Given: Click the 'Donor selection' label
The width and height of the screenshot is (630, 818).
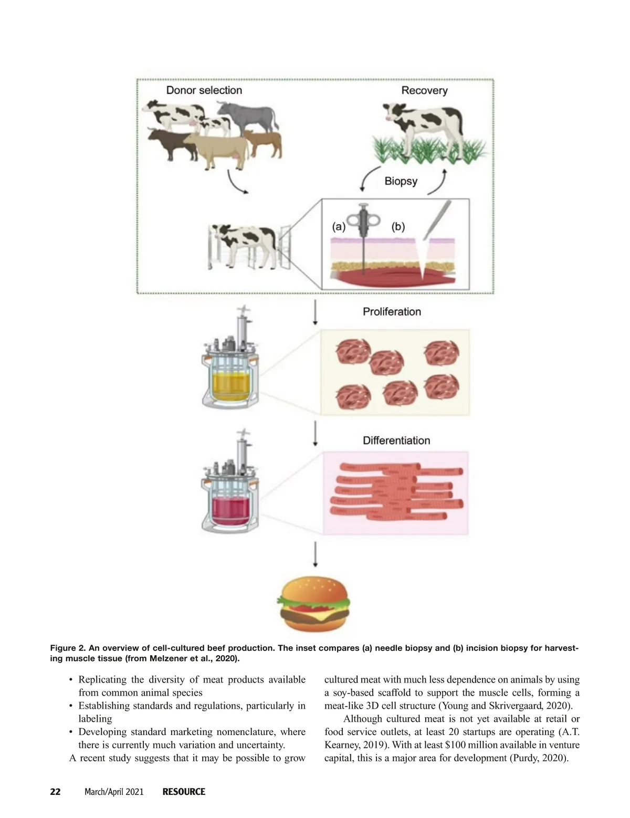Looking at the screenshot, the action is click(x=204, y=90).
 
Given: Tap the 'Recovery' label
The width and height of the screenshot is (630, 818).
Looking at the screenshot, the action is click(x=424, y=91).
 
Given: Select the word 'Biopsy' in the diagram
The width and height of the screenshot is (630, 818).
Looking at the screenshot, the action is click(x=401, y=182).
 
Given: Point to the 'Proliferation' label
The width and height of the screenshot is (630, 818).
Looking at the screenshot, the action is click(x=392, y=312).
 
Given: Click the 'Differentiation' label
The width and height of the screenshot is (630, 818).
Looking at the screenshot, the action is click(x=396, y=441).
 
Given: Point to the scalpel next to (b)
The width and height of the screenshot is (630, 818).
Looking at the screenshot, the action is click(x=437, y=220).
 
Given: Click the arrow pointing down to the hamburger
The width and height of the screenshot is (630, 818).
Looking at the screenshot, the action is click(x=316, y=554).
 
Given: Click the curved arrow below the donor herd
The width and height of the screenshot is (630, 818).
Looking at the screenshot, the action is click(x=236, y=183).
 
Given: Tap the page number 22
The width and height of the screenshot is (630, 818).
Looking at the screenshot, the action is click(x=55, y=792).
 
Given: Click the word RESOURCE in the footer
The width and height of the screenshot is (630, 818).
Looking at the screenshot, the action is click(x=184, y=792).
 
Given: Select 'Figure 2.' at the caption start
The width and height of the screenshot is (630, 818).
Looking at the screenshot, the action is click(x=67, y=648).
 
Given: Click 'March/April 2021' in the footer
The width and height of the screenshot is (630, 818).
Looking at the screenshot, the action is click(x=114, y=792).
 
